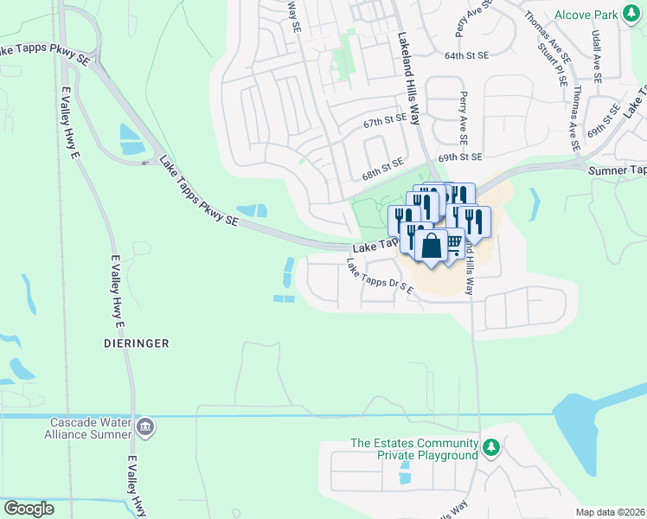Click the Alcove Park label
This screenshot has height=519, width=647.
coord(586,15)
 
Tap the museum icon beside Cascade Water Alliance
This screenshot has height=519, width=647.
coord(144,426)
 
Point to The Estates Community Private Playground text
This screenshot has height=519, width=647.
coord(413,449)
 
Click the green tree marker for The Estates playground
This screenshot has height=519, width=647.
coord(491,447)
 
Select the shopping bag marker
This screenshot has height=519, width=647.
coord(431,246)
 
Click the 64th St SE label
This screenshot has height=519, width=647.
coord(467,55)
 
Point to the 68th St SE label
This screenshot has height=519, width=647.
coord(382,169)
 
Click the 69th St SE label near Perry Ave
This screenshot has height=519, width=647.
coord(458,157)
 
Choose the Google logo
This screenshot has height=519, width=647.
coord(29,509)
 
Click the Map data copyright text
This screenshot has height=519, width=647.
coord(610,512)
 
